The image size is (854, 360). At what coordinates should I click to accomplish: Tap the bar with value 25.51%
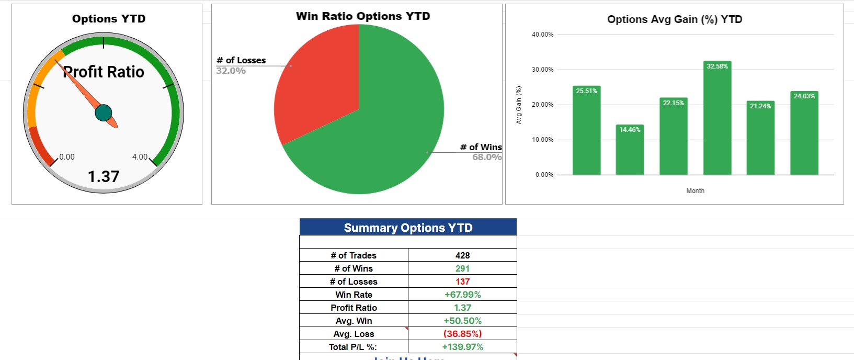pos(586,131)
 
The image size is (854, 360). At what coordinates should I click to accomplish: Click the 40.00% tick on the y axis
pos(542,35)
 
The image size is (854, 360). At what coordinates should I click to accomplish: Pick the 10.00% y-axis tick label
pos(542,140)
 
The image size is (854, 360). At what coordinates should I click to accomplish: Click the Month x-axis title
pos(695,191)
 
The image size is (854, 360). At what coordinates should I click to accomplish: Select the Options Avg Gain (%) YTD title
pos(675,19)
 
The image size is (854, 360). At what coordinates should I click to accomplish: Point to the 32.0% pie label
pos(231,71)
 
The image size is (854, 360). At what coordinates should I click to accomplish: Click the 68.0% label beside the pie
pos(486,157)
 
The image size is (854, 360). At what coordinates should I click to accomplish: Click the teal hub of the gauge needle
pos(104,113)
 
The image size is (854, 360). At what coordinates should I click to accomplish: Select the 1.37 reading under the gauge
pos(104,177)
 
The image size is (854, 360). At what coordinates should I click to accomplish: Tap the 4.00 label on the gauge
pos(140,157)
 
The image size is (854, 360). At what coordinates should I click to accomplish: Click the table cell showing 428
pos(462,255)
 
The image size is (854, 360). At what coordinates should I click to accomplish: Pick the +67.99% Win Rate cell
pos(462,295)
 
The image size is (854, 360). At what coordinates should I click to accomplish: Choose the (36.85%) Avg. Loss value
pos(462,334)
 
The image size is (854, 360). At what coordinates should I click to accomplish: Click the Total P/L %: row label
pos(353,347)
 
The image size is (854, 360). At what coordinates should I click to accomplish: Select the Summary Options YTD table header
pos(408,228)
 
